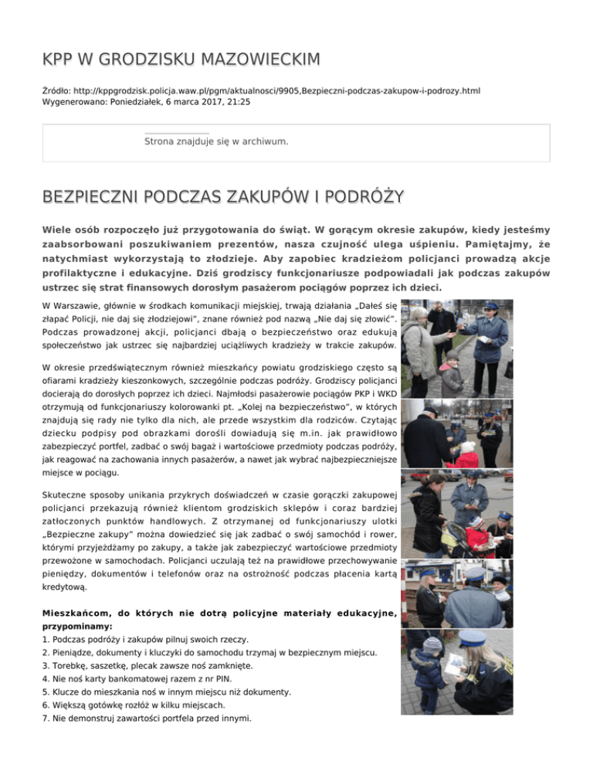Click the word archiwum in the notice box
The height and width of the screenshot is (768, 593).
coord(265,141)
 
